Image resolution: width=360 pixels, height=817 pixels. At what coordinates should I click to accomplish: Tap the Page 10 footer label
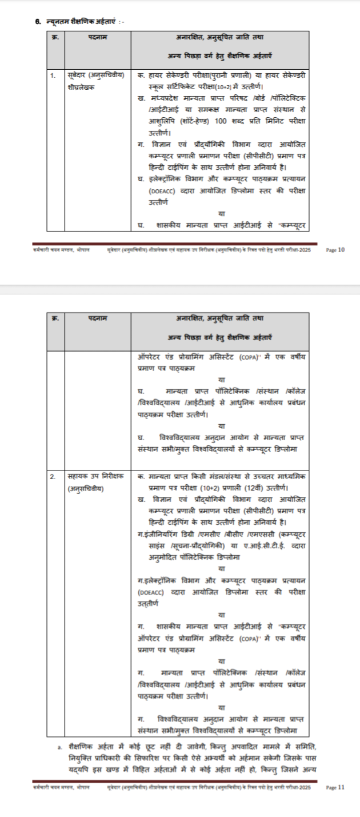[335, 250]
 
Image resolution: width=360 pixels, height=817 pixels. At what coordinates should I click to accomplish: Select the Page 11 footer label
[335, 787]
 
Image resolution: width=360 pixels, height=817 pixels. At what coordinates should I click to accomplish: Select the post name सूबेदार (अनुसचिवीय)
[91, 75]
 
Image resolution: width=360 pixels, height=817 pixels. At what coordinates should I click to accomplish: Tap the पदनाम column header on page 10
[98, 38]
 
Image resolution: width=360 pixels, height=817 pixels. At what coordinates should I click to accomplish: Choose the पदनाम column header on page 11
[98, 318]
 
